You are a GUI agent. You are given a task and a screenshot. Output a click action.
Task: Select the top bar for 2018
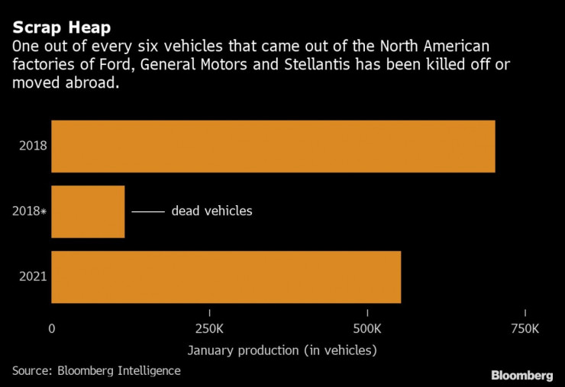[273, 147]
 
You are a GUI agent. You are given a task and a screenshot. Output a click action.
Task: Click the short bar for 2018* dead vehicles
[88, 211]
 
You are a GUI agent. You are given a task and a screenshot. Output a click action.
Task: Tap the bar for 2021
[226, 277]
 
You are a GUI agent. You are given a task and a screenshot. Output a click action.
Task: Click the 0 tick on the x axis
[52, 329]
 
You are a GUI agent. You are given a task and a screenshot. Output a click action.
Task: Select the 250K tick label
[210, 329]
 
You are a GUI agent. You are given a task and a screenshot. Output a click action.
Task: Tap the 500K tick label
[367, 329]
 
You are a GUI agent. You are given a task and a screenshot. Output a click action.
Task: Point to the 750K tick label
[525, 329]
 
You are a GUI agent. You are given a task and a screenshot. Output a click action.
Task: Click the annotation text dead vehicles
[211, 211]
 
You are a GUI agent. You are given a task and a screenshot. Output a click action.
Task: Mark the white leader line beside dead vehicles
[148, 211]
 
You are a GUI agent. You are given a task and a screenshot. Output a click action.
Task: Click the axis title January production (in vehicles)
[282, 350]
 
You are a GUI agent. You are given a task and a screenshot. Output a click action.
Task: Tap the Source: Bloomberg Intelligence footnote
[96, 370]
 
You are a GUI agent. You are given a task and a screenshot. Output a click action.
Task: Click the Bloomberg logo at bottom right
[521, 375]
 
